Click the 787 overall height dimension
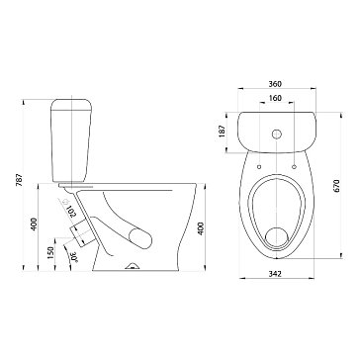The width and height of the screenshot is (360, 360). click(20, 180)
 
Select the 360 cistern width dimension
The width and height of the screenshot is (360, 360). click(275, 84)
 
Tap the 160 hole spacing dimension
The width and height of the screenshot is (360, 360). click(275, 98)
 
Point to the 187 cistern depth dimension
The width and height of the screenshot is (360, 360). click(223, 131)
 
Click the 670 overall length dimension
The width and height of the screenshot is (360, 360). click(336, 186)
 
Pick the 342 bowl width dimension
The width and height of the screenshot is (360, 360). click(275, 274)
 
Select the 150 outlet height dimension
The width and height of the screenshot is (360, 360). click(50, 253)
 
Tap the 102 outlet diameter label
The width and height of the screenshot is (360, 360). click(72, 212)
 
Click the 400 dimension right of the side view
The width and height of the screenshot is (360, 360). click(201, 228)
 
